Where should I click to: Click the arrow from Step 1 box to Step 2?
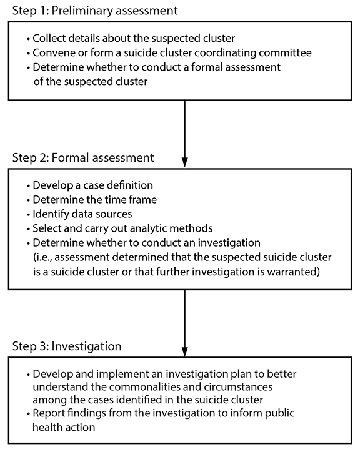[x=184, y=128]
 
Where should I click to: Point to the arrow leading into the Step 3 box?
[x=184, y=322]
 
